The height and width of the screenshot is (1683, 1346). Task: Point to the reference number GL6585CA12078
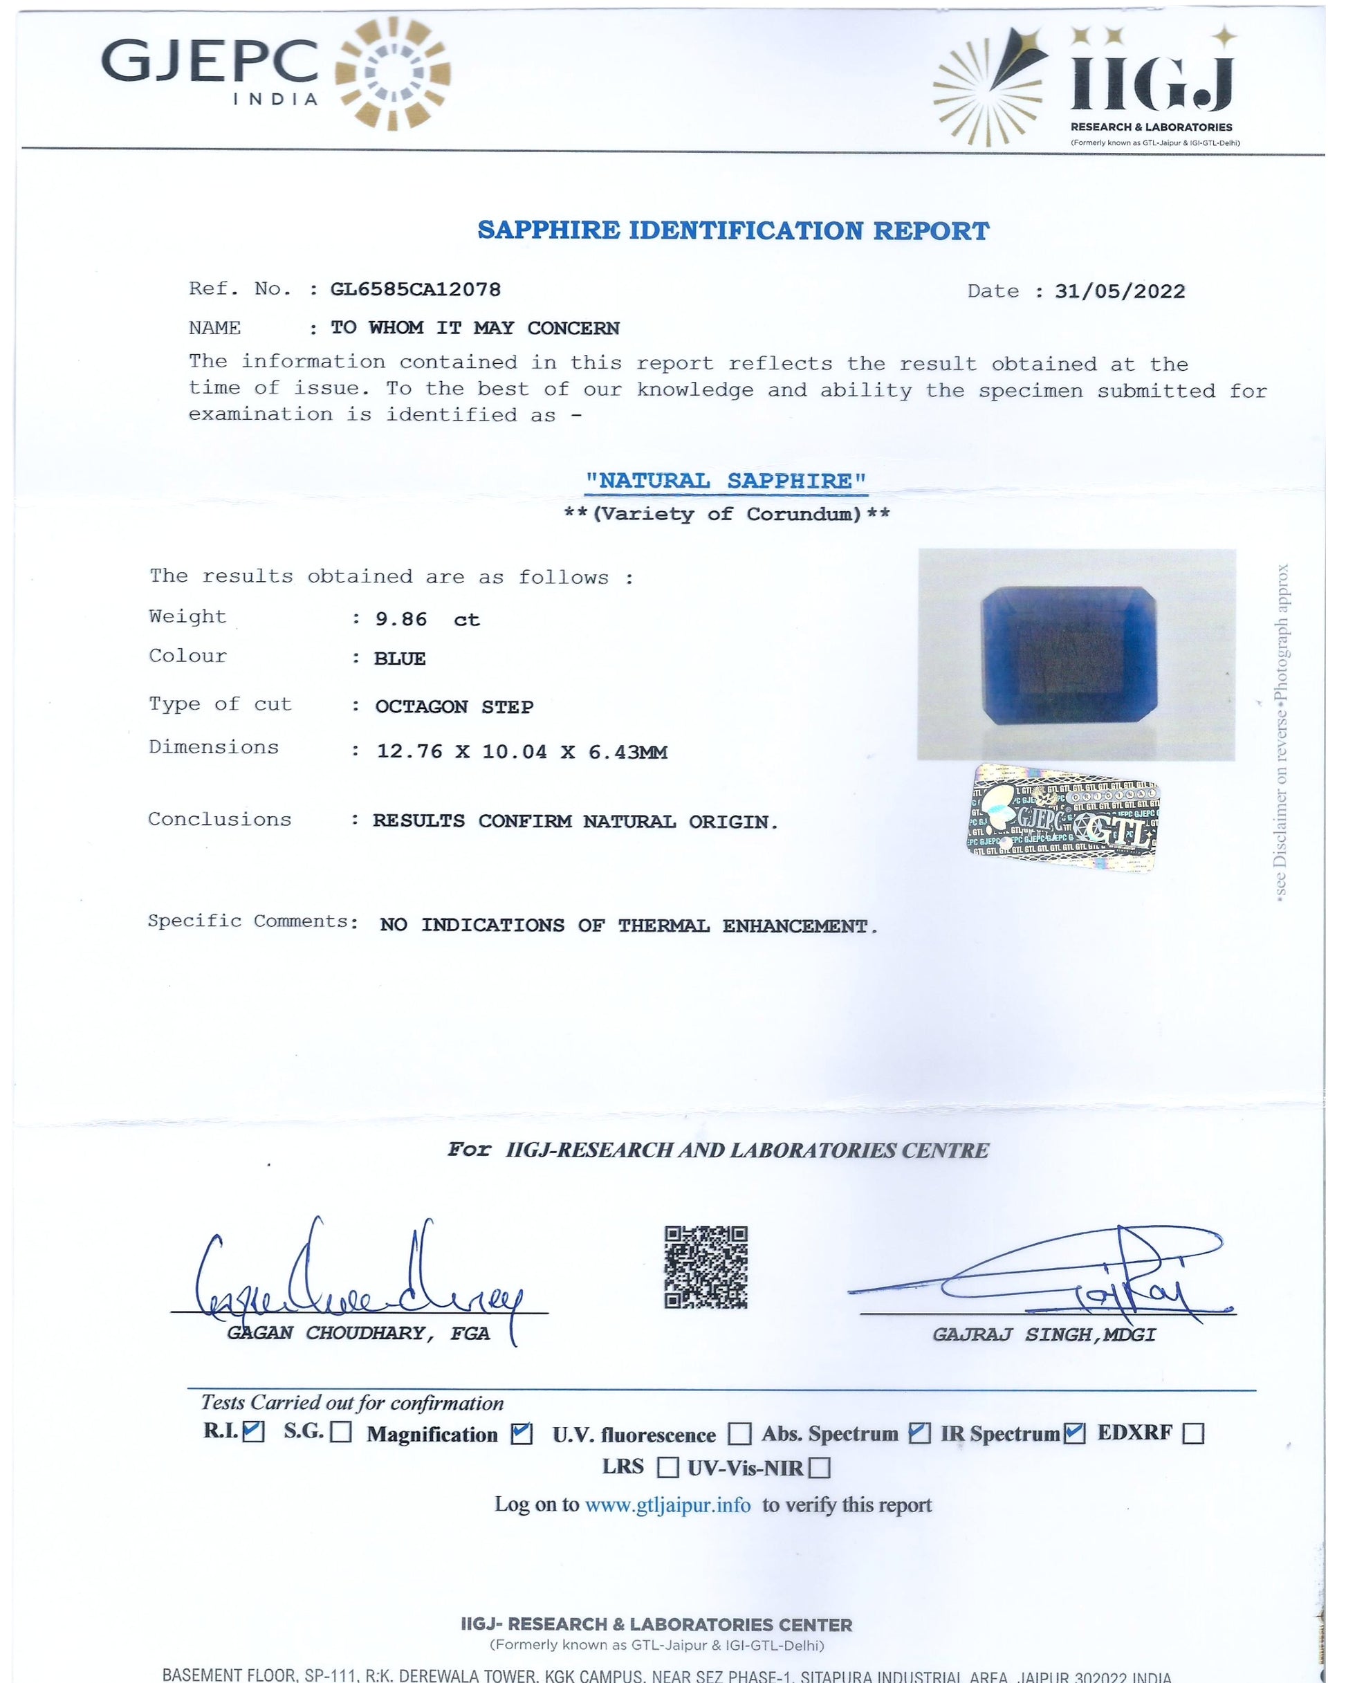pos(416,290)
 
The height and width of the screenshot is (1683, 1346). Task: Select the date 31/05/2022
pos(1120,292)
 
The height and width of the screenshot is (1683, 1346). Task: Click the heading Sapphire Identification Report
pos(733,231)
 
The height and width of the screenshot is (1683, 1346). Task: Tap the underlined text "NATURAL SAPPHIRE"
pos(726,481)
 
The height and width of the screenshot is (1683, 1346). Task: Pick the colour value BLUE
pos(400,659)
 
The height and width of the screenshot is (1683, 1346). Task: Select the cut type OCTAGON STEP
pos(454,707)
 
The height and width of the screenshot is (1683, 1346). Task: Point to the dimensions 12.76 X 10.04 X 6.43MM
pos(522,753)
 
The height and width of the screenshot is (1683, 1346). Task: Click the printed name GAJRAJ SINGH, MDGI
pos(1044,1335)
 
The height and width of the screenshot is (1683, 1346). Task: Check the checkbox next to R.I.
pos(253,1431)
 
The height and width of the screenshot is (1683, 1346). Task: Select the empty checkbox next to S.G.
pos(340,1433)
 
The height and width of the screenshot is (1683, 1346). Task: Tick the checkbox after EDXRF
pos(1193,1433)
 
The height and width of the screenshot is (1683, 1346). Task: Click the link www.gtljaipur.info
pos(667,1505)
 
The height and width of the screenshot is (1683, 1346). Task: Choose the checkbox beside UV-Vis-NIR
pos(819,1469)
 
